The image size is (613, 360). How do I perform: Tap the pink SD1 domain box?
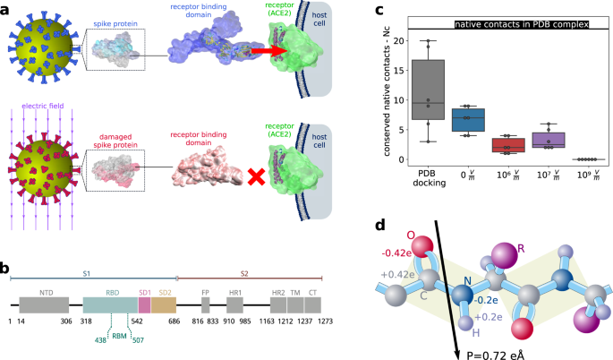[144, 305]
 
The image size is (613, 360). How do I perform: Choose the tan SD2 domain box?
[164, 305]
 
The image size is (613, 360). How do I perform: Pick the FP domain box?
[205, 305]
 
